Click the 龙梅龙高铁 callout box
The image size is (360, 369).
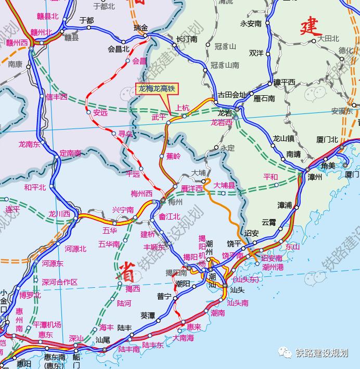coord(157,90)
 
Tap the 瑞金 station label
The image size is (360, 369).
coord(140,27)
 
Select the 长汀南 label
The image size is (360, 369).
coord(187,39)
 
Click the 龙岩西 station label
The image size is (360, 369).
coord(221,123)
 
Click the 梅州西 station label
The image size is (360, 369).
coord(142,194)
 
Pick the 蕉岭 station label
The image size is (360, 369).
coord(173,156)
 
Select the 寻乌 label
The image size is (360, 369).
coord(125,134)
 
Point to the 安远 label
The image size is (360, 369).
coord(100,112)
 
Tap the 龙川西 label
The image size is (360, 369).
coord(59,214)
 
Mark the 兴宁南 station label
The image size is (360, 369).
coord(123,210)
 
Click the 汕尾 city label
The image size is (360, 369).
coord(102,339)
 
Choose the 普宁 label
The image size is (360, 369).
coord(164,296)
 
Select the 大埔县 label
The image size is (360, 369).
coord(225,185)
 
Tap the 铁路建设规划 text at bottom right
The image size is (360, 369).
coord(321,352)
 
